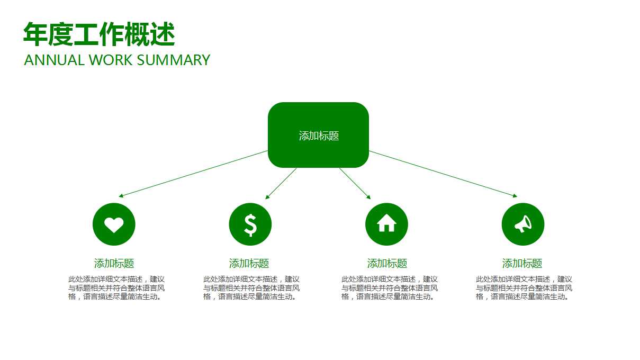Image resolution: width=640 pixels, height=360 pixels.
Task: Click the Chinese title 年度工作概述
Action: [99, 35]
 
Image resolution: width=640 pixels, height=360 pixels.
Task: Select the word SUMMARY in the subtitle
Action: [173, 60]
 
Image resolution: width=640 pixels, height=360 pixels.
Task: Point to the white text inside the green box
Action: [319, 136]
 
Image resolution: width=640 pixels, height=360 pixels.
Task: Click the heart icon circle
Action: [114, 224]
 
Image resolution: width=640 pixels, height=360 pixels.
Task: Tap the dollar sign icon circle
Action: [250, 224]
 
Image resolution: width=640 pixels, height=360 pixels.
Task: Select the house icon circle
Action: [386, 224]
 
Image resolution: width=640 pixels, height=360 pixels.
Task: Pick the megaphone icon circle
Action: [523, 224]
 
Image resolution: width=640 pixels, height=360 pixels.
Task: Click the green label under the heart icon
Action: [114, 263]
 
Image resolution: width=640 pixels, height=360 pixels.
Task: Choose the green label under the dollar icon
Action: [249, 263]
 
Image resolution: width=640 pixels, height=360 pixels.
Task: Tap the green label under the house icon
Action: [387, 263]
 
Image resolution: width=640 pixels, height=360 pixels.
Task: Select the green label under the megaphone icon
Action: [522, 263]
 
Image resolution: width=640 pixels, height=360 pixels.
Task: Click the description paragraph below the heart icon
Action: [116, 288]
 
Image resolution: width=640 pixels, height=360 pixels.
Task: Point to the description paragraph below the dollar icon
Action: [251, 288]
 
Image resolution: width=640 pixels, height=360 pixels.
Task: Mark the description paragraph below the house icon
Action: [390, 288]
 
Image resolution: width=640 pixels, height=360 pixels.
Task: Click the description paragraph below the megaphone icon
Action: [524, 288]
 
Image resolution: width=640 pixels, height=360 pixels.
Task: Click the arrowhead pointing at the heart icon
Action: [121, 196]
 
